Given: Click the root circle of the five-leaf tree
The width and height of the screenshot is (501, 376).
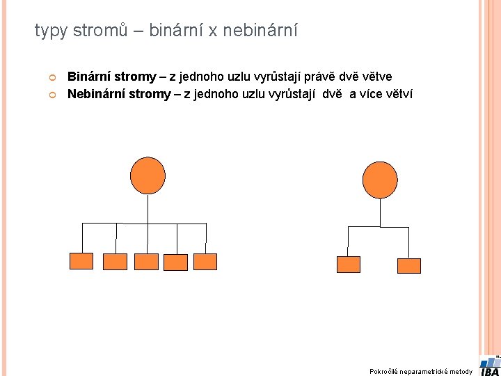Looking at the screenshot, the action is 148,175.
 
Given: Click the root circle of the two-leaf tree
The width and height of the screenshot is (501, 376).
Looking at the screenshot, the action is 380,180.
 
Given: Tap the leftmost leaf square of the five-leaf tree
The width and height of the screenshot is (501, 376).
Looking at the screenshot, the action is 81,261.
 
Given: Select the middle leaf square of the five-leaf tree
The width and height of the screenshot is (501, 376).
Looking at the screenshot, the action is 146,261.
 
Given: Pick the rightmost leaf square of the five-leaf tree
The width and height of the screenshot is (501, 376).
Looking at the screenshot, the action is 205,261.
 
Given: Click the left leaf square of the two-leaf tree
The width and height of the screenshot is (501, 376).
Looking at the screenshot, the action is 348,265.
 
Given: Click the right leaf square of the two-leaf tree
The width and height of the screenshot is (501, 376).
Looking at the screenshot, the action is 409,265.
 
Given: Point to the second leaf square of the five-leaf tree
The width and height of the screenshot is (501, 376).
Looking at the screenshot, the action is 115,261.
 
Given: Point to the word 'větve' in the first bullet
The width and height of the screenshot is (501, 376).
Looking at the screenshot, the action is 375,77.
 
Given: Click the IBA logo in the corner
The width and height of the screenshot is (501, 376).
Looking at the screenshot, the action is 489,366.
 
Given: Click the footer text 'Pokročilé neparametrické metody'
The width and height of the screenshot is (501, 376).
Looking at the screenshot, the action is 421,371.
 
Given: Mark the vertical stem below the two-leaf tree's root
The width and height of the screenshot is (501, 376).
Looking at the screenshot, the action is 380,212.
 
